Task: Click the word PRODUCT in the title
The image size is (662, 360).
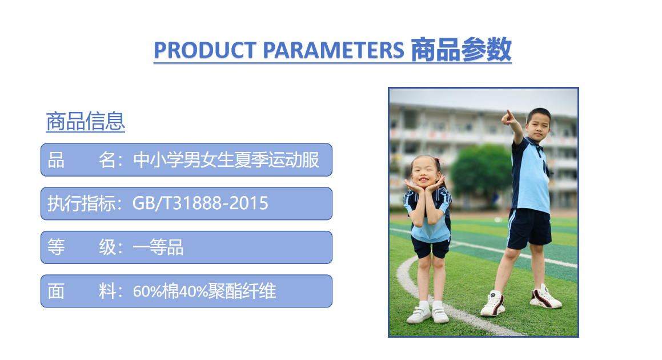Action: tap(204, 50)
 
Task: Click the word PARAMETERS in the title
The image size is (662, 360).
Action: tap(334, 50)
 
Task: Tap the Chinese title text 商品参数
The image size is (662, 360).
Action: tap(461, 50)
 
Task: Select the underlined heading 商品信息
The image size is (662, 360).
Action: tap(85, 122)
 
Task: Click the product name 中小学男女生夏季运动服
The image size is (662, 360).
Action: tap(226, 160)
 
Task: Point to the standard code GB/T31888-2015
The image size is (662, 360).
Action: tap(200, 203)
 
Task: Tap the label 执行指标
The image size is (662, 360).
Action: tap(81, 203)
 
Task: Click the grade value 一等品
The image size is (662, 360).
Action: tap(158, 247)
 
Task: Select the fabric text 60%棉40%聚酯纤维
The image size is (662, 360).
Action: tap(204, 291)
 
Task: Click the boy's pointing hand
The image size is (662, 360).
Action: tap(508, 118)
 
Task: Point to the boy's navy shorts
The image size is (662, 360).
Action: tap(529, 228)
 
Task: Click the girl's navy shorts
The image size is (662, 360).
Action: tap(431, 247)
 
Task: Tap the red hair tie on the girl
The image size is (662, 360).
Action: tap(436, 161)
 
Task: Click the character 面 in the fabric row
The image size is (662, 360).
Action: tap(56, 291)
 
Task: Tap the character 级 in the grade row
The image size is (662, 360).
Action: tap(107, 247)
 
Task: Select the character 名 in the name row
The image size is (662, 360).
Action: tap(107, 160)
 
